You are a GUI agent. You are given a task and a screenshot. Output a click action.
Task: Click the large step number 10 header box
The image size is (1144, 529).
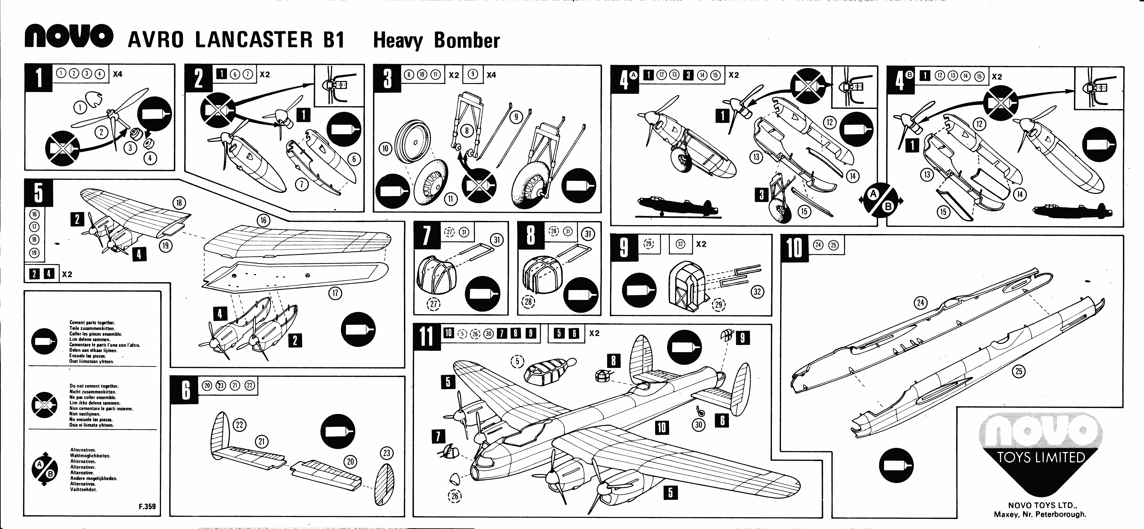coord(794,249)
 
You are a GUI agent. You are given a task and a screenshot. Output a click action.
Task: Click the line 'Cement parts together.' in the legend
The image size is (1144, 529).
coord(92,323)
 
